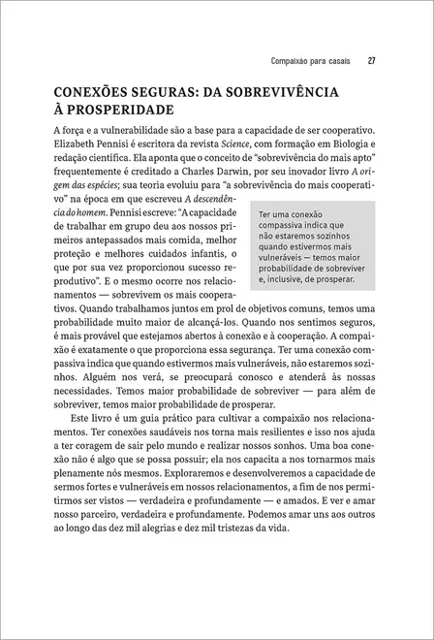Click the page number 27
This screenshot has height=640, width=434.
click(x=372, y=63)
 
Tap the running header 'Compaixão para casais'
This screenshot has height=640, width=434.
click(x=310, y=63)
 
